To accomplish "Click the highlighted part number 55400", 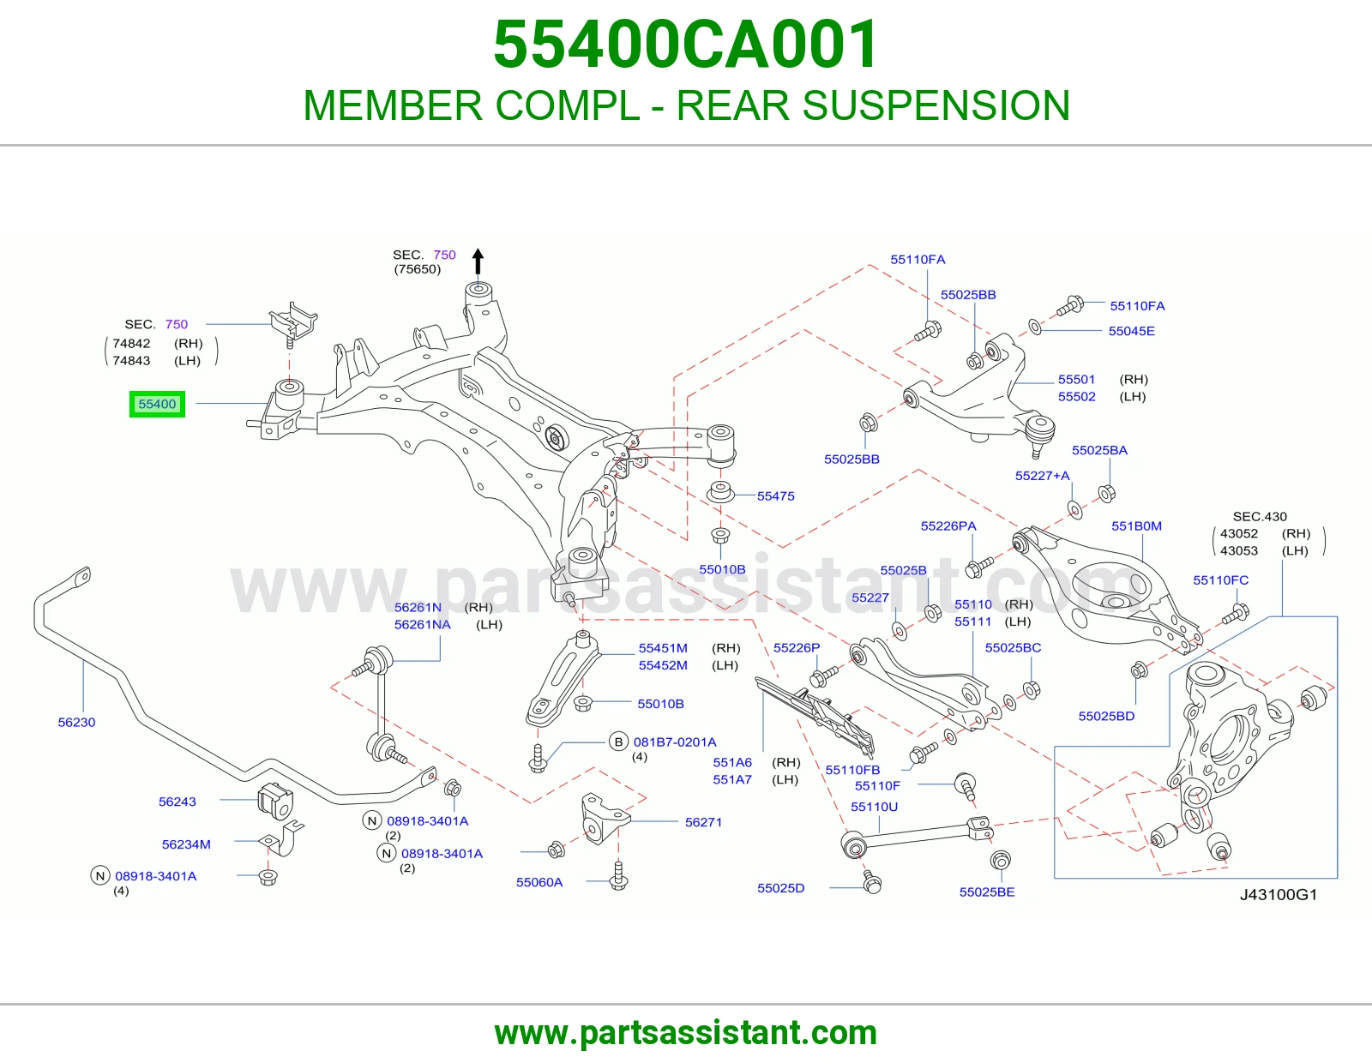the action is [157, 404].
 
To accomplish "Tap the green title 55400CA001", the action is [686, 45].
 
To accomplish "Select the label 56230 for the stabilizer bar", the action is [76, 722].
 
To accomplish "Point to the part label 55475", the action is [775, 496].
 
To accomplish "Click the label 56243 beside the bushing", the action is [178, 802].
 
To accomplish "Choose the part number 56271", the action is [703, 822].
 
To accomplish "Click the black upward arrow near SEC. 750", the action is [478, 261].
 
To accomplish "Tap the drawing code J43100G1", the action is [1279, 894].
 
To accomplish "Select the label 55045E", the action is [1131, 331].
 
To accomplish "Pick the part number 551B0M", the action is [1136, 525].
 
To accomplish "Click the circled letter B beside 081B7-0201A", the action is [618, 742].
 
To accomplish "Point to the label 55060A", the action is [539, 882].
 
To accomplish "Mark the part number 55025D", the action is [781, 888].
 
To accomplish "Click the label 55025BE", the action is [987, 892].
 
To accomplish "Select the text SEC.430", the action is [1260, 516].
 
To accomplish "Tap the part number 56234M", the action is [186, 844].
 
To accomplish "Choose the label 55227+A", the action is [1043, 475].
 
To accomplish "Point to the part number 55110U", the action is [874, 807].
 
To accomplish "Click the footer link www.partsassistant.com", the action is [686, 1033].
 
